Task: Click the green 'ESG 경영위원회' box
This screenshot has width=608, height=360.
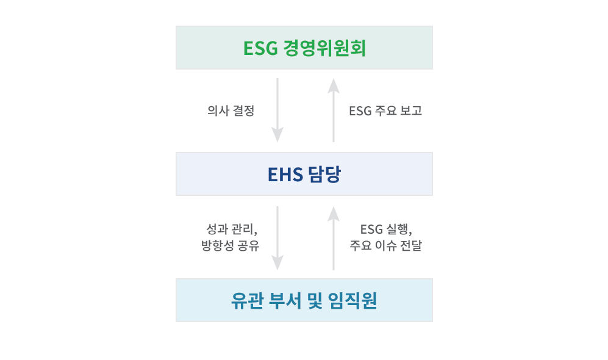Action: [304, 48]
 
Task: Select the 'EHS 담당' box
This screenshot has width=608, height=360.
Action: [304, 174]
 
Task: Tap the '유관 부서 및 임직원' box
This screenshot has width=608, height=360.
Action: [304, 300]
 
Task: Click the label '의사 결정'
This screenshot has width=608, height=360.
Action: [231, 110]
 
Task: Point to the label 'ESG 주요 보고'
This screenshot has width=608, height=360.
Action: [385, 110]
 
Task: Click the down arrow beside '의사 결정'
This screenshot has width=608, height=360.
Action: [277, 110]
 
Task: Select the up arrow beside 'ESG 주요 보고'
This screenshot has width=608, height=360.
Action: [334, 110]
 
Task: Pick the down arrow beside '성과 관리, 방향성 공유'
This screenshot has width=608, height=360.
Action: [277, 238]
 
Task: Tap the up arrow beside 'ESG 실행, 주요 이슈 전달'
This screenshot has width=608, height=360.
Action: [334, 238]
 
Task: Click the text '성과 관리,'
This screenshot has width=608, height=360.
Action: [232, 229]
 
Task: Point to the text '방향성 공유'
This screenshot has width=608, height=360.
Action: [231, 245]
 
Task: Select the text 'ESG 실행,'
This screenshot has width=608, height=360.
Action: [386, 229]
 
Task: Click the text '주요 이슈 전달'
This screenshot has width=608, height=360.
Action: [386, 245]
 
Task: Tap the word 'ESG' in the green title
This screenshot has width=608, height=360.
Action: [260, 48]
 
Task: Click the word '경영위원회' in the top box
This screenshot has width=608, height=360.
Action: [324, 48]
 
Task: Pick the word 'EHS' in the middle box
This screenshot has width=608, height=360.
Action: [285, 175]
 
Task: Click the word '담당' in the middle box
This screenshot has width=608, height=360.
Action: [324, 174]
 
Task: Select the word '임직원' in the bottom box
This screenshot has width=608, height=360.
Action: [352, 300]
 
